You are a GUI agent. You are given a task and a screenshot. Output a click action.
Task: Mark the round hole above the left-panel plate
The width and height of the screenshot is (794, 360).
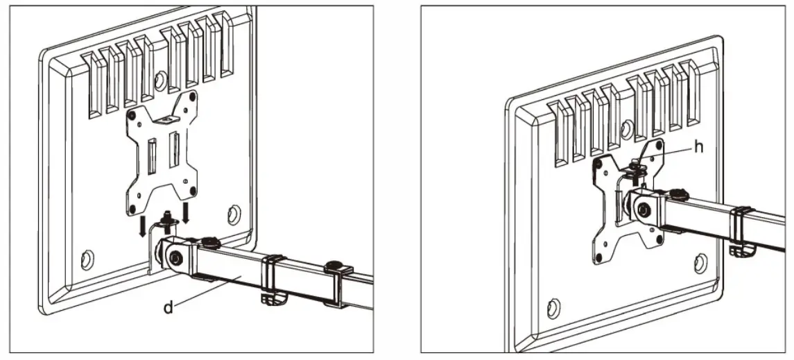coord(160,81)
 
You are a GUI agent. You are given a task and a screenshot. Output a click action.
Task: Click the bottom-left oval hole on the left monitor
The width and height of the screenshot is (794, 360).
coord(86,260)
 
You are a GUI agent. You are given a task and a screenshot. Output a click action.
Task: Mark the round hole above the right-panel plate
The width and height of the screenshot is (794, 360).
coord(627,129)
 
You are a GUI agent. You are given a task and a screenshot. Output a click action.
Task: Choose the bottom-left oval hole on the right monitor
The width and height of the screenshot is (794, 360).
coord(553,306)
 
